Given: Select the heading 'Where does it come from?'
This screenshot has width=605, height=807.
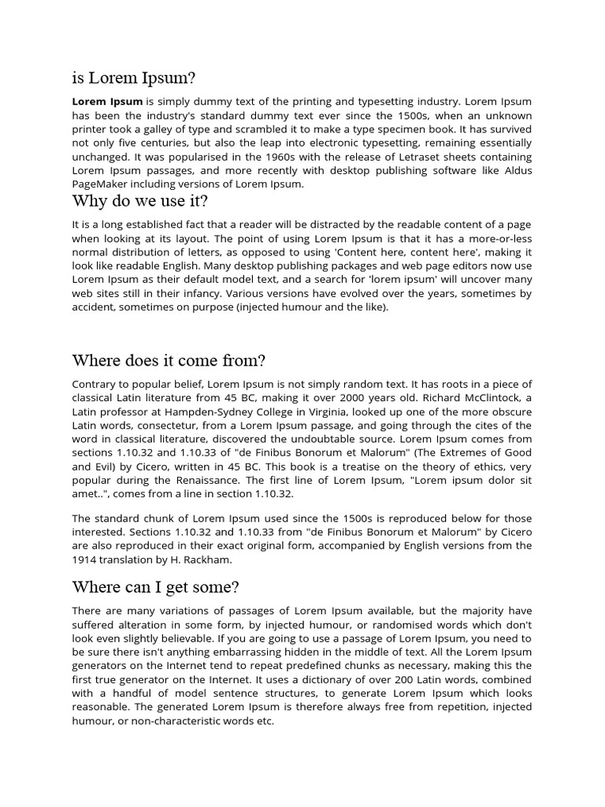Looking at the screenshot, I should [x=169, y=360].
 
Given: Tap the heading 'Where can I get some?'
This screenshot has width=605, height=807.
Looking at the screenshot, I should [x=155, y=587].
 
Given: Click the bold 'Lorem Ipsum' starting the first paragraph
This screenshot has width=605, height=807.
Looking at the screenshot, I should [x=107, y=102].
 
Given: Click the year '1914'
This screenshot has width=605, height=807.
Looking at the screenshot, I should [x=84, y=560].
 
